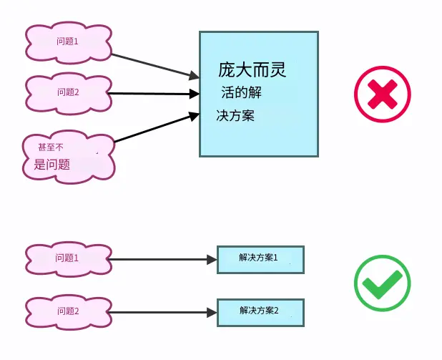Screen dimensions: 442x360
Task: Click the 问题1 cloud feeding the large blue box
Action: click(69, 42)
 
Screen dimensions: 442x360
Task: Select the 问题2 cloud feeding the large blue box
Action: click(69, 93)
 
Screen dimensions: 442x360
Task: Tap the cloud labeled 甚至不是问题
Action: click(69, 157)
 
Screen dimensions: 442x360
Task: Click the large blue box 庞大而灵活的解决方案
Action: click(259, 94)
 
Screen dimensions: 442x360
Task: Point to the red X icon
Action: click(383, 94)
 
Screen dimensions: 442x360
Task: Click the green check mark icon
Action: click(383, 283)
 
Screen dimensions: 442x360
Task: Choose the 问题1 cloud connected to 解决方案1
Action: click(69, 259)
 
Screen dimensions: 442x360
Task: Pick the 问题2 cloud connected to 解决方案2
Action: click(69, 312)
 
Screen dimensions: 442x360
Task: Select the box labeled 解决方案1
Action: click(260, 260)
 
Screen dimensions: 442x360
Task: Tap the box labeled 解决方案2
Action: click(260, 313)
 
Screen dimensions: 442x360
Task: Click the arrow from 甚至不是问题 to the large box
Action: click(157, 127)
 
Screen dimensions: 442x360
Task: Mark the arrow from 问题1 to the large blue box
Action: click(155, 66)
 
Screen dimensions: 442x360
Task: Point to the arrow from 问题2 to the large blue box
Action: click(153, 94)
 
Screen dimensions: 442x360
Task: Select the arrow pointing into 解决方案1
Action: click(162, 259)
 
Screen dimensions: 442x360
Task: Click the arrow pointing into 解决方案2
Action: click(162, 312)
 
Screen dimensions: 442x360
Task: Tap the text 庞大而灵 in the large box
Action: click(252, 69)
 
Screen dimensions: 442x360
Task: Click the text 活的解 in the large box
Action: click(241, 92)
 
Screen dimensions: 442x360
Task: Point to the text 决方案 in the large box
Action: click(235, 115)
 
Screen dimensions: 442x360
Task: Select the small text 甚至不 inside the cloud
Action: click(51, 147)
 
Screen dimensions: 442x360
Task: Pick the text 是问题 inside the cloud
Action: click(52, 164)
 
